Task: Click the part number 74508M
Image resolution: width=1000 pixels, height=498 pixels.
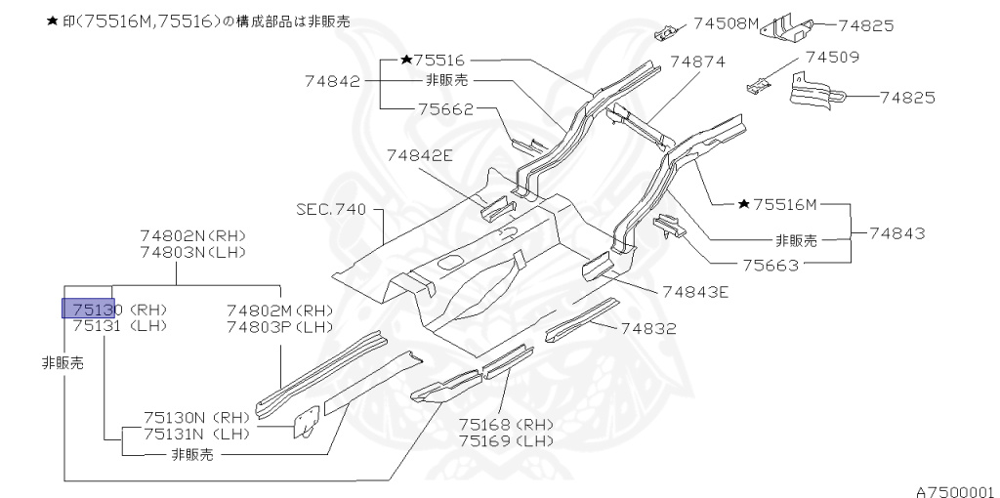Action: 727,22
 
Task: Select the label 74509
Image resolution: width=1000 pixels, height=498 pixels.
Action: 831,58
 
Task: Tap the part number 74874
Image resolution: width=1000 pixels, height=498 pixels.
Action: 698,62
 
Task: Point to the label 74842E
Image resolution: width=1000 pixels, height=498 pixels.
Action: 419,154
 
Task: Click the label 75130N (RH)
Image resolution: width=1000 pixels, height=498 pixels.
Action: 197,416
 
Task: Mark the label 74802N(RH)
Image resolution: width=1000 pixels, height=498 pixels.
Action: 192,236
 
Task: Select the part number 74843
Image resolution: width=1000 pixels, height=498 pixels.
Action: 897,234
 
